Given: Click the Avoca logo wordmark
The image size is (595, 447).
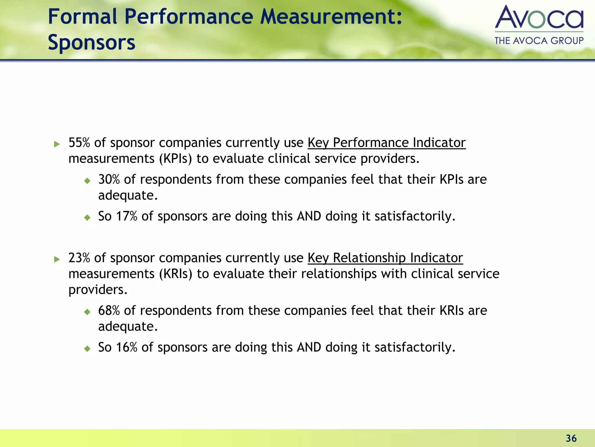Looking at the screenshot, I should point(539,17).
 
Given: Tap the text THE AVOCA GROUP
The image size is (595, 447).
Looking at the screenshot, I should point(539,40).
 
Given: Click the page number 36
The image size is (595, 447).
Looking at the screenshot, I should point(571,438).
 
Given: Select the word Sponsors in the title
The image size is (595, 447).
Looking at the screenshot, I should point(92,42).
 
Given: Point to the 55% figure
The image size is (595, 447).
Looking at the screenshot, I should point(79,143).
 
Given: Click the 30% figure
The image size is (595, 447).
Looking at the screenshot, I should point(109,179).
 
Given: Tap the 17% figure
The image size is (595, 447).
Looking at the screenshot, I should point(126,216).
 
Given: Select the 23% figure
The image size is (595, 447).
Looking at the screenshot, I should point(79,258).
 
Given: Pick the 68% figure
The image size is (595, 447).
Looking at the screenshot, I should point(109,311).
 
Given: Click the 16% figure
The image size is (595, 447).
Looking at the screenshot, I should point(126,347).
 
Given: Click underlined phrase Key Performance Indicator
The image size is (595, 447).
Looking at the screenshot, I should point(386,143).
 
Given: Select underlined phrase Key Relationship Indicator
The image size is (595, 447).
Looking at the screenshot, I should point(385,258).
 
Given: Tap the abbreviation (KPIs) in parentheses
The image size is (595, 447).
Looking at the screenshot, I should point(175,159).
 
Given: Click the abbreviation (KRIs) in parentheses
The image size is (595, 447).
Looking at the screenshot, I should point(176,274).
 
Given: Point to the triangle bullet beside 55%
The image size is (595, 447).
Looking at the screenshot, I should point(57,144).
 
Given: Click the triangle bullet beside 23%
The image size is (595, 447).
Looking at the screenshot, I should point(57,259).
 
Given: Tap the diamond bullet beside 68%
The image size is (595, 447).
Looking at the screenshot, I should point(87,312).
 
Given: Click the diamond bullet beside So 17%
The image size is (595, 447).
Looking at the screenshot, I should point(87,217).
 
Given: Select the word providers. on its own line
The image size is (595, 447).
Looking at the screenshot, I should point(98,290).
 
